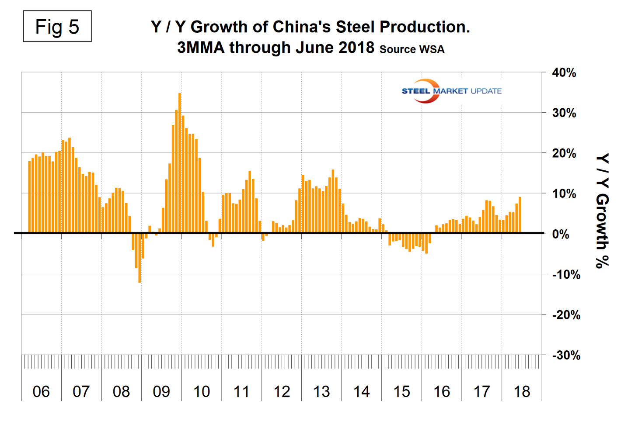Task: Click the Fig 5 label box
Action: pyautogui.click(x=57, y=27)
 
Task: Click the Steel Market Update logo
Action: pyautogui.click(x=451, y=91)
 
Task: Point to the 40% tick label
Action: pyautogui.click(x=564, y=73)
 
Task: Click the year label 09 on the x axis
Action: pyautogui.click(x=161, y=391)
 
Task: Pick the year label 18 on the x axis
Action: pyautogui.click(x=521, y=391)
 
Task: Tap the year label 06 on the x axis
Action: pyautogui.click(x=41, y=391)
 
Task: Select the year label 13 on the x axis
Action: pyautogui.click(x=321, y=391)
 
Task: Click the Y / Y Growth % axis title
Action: pyautogui.click(x=603, y=211)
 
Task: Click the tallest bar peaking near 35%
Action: pyautogui.click(x=180, y=162)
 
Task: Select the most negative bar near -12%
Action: pyautogui.click(x=140, y=258)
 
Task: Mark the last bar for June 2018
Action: pyautogui.click(x=520, y=215)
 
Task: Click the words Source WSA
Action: pyautogui.click(x=412, y=49)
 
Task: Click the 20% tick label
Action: pyautogui.click(x=564, y=154)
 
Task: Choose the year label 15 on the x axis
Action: pyautogui.click(x=401, y=391)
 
